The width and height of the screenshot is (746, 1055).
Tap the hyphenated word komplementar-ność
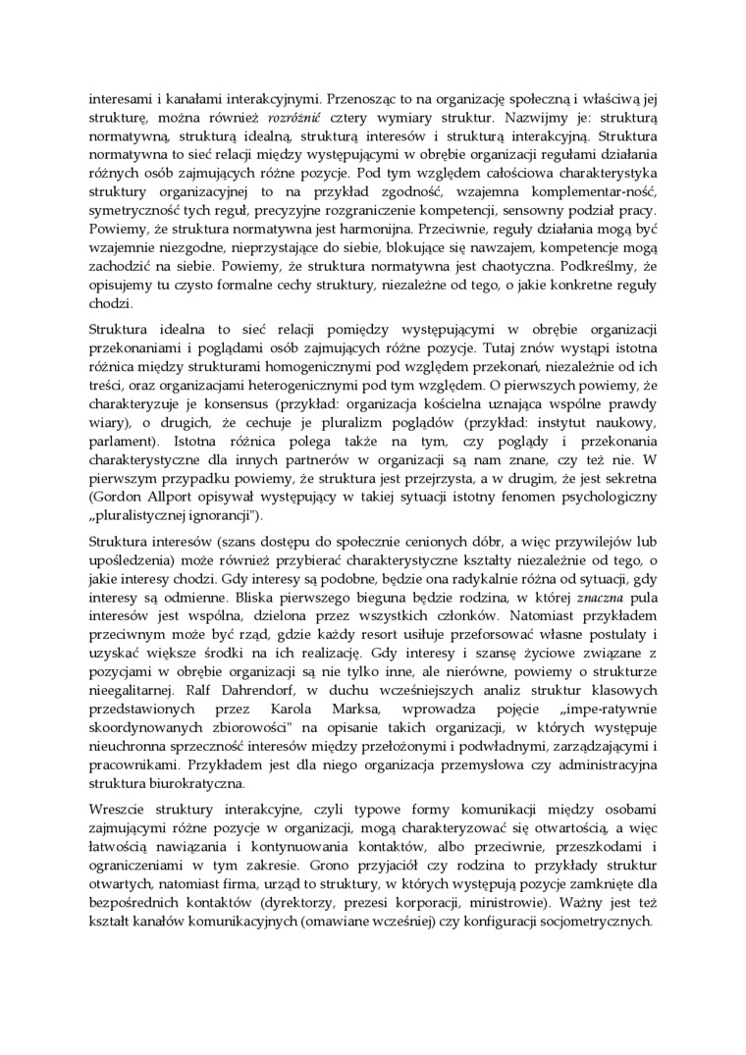click(598, 192)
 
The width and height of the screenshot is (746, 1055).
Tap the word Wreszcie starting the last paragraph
click(118, 818)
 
